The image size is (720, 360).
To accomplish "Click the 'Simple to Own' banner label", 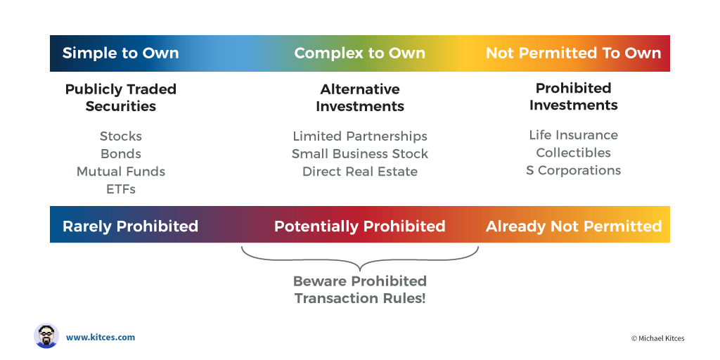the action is pyautogui.click(x=120, y=53).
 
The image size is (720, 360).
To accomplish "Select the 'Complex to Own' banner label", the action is pyautogui.click(x=359, y=53).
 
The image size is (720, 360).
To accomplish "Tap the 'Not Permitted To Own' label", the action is pyautogui.click(x=574, y=53).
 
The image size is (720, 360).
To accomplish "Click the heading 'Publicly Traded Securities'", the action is pyautogui.click(x=121, y=97).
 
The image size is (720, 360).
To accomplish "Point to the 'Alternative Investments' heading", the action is pyautogui.click(x=360, y=97).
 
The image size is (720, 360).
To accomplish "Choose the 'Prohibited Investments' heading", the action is pyautogui.click(x=574, y=96).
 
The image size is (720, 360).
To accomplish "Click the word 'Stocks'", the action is pyautogui.click(x=121, y=136).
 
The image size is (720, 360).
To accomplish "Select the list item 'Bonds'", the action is pyautogui.click(x=121, y=154).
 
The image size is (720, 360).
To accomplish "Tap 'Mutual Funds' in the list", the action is pyautogui.click(x=121, y=172).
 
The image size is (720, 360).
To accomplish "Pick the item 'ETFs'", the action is pyautogui.click(x=121, y=189).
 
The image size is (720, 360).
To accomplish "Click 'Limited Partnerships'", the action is pyautogui.click(x=360, y=136).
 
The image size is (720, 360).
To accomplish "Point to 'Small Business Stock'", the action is pyautogui.click(x=360, y=154).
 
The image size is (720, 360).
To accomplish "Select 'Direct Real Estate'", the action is pyautogui.click(x=360, y=172).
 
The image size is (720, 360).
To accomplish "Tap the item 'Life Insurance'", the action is pyautogui.click(x=574, y=135).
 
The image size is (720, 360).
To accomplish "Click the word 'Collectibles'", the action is pyautogui.click(x=574, y=153).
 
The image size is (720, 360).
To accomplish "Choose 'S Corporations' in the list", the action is pyautogui.click(x=574, y=170).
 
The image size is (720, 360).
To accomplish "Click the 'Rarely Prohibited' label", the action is pyautogui.click(x=130, y=226).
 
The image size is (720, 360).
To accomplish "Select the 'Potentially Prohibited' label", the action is pyautogui.click(x=359, y=226).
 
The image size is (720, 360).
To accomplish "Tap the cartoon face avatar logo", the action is pyautogui.click(x=46, y=336).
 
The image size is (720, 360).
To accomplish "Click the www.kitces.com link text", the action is pyautogui.click(x=101, y=337).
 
